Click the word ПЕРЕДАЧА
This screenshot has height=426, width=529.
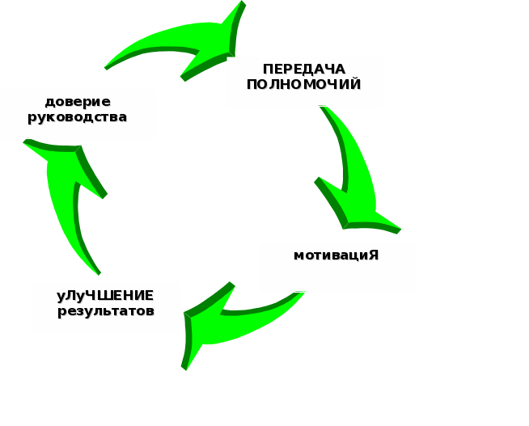tap(303, 69)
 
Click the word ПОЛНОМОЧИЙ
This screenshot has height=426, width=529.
tap(303, 84)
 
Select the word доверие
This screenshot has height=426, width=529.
tap(78, 102)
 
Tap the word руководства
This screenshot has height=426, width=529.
tap(78, 117)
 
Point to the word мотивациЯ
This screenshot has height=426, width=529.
tap(336, 255)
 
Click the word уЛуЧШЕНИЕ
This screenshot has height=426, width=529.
tap(105, 295)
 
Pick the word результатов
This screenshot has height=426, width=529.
tap(105, 310)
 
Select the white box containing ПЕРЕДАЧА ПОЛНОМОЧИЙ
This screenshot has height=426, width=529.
tap(304, 82)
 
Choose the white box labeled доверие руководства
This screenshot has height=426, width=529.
tap(78, 114)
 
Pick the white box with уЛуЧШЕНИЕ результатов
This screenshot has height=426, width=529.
tap(106, 308)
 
